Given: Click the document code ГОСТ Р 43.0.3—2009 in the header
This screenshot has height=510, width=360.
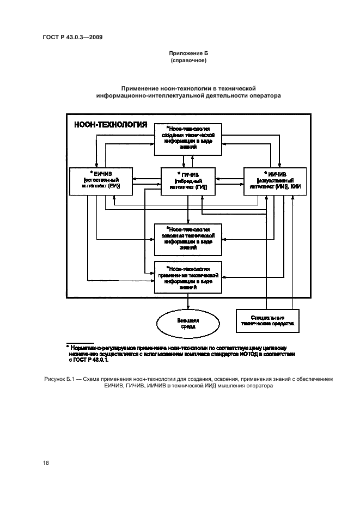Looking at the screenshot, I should click(x=72, y=37).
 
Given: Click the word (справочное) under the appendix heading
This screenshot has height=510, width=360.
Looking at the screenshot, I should click(x=188, y=62).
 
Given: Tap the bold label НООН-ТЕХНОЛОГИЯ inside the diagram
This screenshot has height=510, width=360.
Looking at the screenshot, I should click(x=111, y=125).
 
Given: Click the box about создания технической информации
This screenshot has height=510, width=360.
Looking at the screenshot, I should click(x=188, y=140).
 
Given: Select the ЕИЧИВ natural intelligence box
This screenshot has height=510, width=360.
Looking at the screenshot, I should click(x=102, y=181).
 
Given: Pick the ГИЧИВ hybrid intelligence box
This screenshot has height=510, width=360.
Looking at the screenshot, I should click(x=188, y=181).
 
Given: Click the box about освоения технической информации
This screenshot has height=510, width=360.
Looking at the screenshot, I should click(x=188, y=239).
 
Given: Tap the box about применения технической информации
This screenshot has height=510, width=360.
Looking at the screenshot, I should click(x=188, y=278).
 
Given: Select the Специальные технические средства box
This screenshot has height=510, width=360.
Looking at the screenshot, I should click(x=267, y=320).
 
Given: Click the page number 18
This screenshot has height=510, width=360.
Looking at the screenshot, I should click(x=46, y=463).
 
